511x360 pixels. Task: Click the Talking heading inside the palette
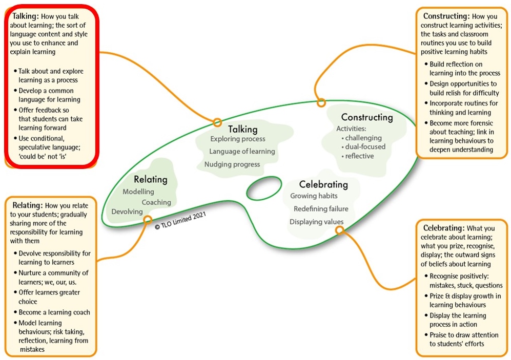tap(242, 129)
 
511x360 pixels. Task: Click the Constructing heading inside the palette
tap(367, 117)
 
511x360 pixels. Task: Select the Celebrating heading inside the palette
tap(323, 184)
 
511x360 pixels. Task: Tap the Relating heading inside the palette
tap(151, 179)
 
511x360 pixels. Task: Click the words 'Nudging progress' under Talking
tap(232, 164)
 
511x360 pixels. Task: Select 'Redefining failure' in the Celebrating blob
tap(321, 209)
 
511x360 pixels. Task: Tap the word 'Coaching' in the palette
tap(156, 202)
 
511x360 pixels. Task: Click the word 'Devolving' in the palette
tap(127, 211)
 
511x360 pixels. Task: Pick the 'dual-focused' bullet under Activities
tap(365, 147)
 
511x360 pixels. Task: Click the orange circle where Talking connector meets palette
tap(217, 122)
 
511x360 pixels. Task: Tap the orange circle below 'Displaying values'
tap(339, 230)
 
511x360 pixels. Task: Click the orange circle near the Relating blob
tap(148, 220)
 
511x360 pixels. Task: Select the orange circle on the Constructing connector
tap(321, 102)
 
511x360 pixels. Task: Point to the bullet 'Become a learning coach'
tap(54, 312)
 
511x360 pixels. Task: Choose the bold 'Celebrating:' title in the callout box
tap(444, 227)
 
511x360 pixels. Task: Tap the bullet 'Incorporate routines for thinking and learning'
tap(463, 108)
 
